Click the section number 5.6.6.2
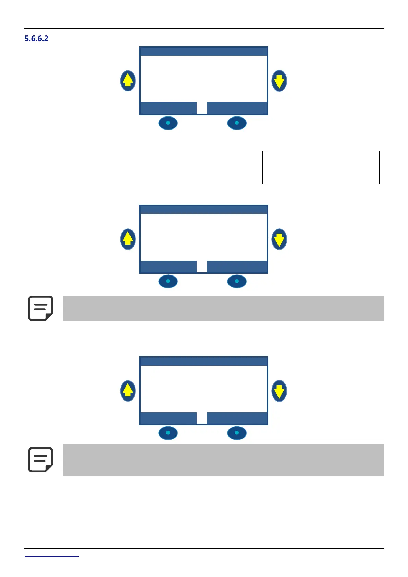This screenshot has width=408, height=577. [36, 39]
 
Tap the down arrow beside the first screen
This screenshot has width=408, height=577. [279, 81]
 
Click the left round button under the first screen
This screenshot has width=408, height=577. [168, 123]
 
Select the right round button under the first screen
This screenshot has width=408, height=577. [237, 123]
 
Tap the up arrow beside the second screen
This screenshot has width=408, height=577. [128, 239]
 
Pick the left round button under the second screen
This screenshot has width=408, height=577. [168, 281]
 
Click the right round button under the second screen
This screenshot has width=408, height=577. [237, 281]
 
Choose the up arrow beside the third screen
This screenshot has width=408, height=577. [128, 391]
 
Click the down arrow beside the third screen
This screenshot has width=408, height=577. [279, 391]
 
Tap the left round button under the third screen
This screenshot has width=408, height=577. [168, 433]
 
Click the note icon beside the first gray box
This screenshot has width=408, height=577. [40, 308]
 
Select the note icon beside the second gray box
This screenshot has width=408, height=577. [40, 460]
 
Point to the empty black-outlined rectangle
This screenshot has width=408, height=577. [321, 168]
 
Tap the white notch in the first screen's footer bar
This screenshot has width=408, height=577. [202, 108]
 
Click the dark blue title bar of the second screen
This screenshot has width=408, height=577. [203, 210]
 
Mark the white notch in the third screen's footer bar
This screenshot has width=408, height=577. [202, 418]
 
